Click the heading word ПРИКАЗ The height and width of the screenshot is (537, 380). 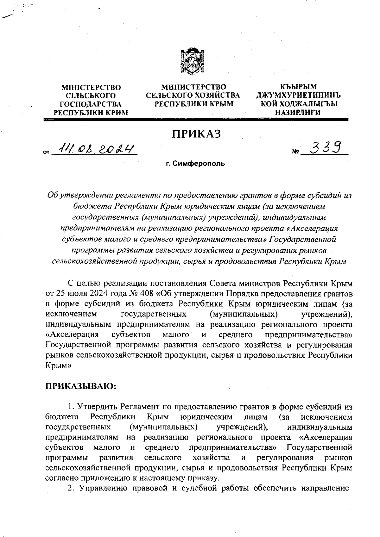pyautogui.click(x=196, y=134)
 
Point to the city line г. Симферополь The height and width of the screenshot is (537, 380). pyautogui.click(x=195, y=164)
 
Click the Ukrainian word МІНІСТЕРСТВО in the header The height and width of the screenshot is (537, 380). pyautogui.click(x=91, y=87)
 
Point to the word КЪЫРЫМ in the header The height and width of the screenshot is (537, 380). pyautogui.click(x=299, y=87)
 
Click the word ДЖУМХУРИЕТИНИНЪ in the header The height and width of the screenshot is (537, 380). pyautogui.click(x=299, y=95)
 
